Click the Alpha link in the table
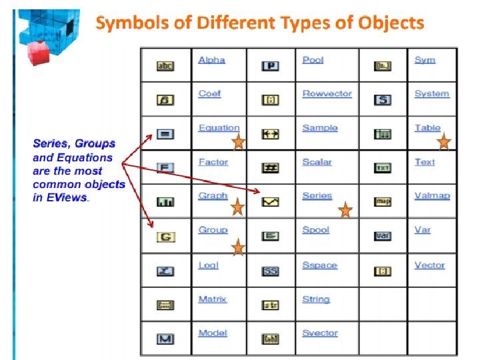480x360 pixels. pos(211,60)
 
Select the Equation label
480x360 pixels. pos(219,128)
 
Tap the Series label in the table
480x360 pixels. pos(317,196)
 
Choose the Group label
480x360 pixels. pos(213,230)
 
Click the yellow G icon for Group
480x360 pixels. pos(165,237)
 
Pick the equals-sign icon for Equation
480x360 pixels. pos(165,134)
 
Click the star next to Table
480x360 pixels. pos(444,142)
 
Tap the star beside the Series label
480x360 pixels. pos(345,211)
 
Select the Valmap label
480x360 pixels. pos(432,196)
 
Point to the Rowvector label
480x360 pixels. pos(327,94)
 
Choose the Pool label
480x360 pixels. pos(313,60)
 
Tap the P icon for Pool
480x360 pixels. pos(270,66)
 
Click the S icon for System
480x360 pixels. pos(383,100)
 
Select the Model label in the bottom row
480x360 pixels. pos(213,333)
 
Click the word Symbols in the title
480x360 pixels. pos(126,23)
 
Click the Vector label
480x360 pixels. pos(429,265)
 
